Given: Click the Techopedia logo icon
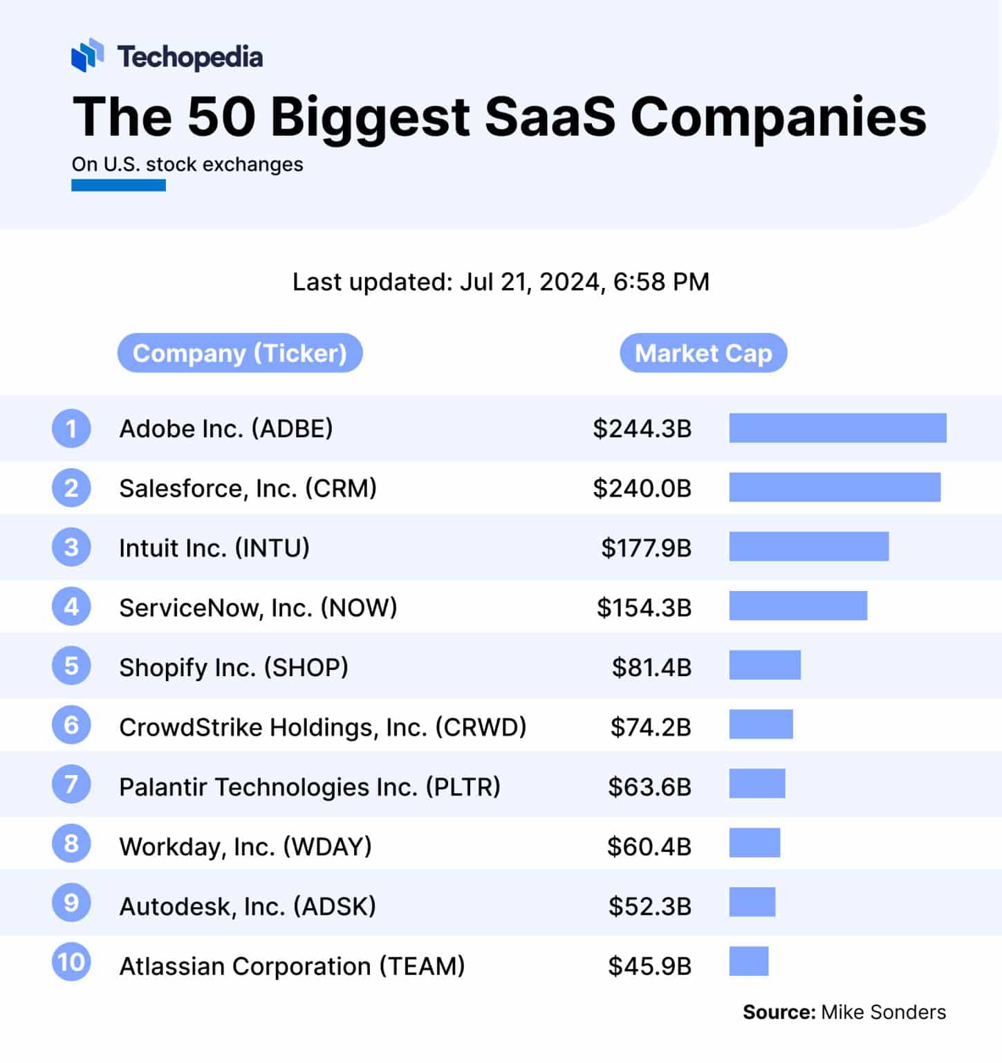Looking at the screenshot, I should coord(87,55).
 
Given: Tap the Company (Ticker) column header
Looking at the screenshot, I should coord(240,353).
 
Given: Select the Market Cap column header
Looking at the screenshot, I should coord(703,353).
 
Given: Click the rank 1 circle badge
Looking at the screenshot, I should coord(71,428).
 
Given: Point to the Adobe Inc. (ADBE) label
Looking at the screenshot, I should coord(226,428).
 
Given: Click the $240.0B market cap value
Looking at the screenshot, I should coord(642,488).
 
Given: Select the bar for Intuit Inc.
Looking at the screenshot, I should coord(808,547).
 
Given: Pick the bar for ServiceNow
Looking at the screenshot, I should coord(798,606).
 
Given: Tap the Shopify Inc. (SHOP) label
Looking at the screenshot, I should coord(234,667).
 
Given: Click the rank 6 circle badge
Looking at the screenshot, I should coord(71,725).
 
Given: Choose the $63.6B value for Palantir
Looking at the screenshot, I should coord(649,787).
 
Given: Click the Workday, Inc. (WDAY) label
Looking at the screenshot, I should coord(245,846).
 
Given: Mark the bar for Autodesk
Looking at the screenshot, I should coord(752,902).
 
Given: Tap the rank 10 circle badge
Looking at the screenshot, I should coord(71,962).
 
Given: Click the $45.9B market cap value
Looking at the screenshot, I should coord(649,965).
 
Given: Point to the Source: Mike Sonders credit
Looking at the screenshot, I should coord(844,1012).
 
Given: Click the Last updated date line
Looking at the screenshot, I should coord(501,282).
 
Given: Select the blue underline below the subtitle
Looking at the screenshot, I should coord(118,185).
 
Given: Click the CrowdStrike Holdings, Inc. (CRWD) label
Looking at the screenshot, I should coord(323,727).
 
